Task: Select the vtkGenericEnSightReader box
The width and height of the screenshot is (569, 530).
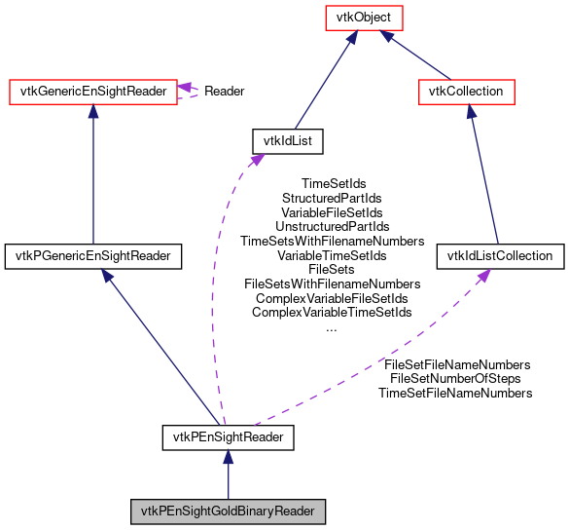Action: (92, 92)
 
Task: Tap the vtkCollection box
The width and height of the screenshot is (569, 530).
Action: (466, 92)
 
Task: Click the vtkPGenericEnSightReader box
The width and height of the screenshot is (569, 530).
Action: (93, 256)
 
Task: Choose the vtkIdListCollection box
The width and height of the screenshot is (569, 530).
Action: (500, 256)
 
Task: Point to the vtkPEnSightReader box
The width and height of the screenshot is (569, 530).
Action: (228, 437)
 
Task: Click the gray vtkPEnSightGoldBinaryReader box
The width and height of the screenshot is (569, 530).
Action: (228, 511)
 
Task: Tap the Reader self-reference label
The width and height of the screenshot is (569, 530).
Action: (224, 92)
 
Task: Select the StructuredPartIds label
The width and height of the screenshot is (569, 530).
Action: (332, 198)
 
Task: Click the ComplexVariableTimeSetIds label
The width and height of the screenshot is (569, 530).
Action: (332, 313)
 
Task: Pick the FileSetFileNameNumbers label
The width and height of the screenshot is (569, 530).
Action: (457, 364)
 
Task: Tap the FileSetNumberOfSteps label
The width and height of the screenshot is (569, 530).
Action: (455, 378)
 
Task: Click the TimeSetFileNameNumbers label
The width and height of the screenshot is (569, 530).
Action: (455, 393)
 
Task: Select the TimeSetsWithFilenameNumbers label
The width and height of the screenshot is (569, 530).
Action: (332, 241)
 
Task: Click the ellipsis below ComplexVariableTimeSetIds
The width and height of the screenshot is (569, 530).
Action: (332, 328)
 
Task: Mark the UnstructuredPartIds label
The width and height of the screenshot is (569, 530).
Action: (332, 226)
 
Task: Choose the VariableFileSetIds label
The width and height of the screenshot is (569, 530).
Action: (332, 212)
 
